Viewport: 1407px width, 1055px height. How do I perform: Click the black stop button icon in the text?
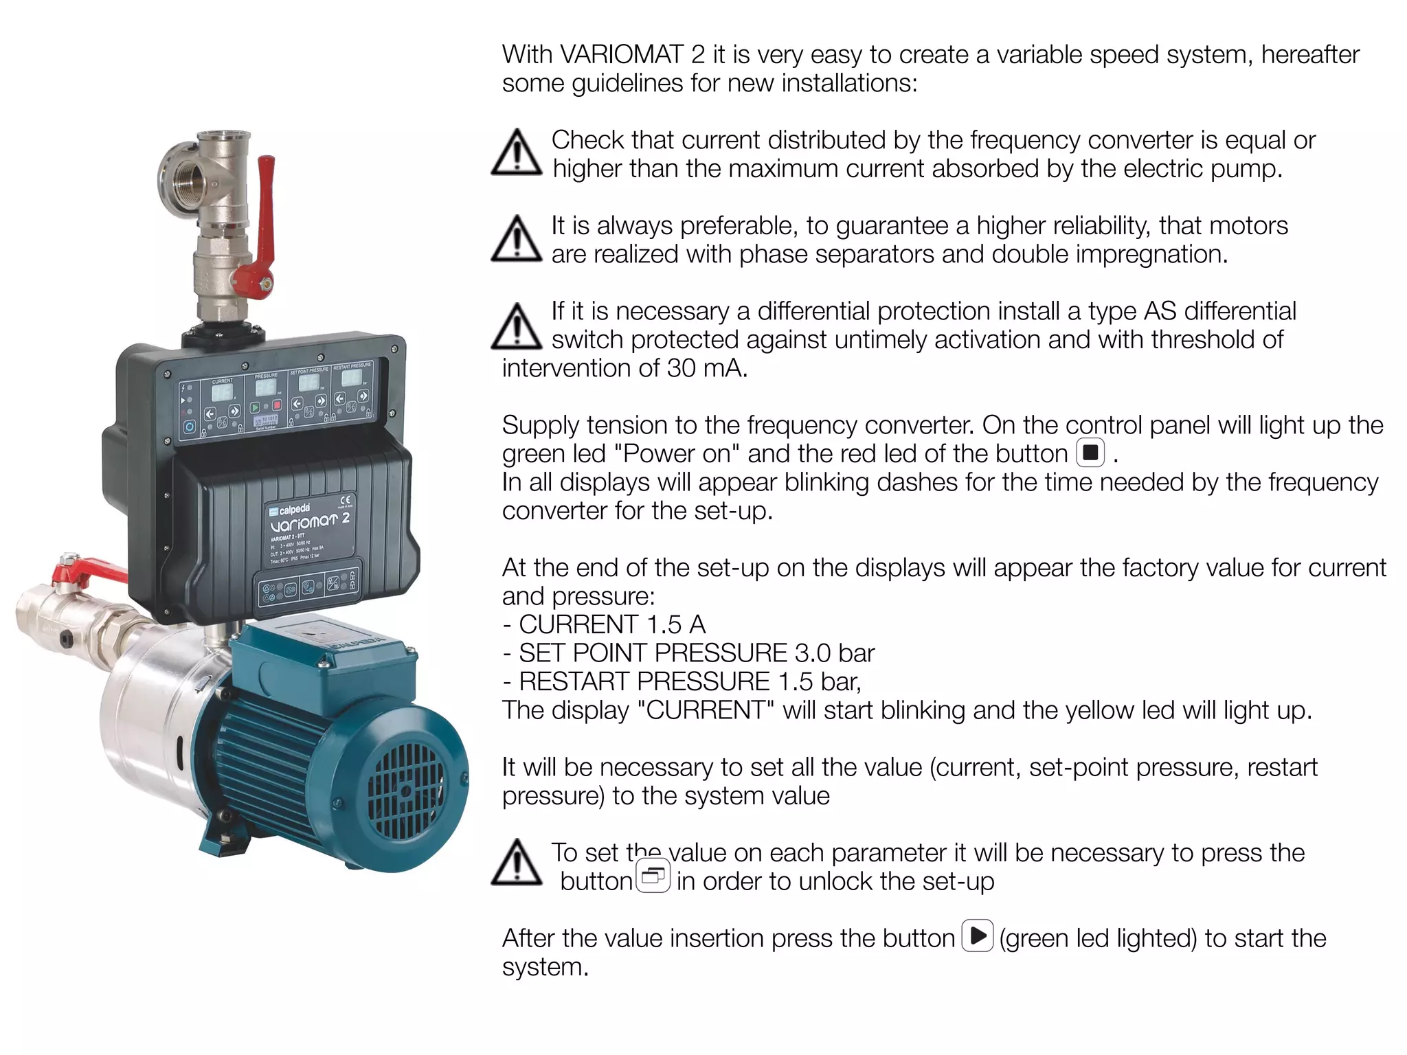[x=1090, y=453]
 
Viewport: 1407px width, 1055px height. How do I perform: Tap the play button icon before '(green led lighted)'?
[x=978, y=935]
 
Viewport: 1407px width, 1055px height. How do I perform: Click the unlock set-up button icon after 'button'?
[x=653, y=877]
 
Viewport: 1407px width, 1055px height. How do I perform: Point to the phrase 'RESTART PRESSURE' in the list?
[x=644, y=681]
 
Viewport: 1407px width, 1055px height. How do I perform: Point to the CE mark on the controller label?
[x=346, y=500]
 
